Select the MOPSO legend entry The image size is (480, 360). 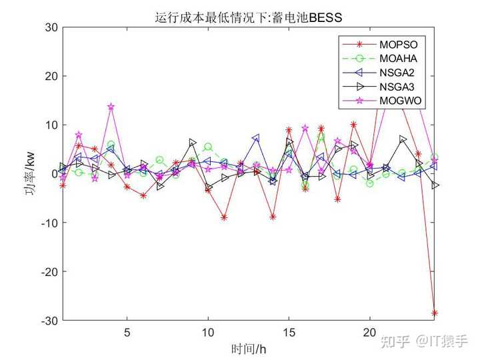[399, 45]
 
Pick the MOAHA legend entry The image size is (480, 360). [399, 59]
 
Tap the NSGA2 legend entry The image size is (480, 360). [399, 73]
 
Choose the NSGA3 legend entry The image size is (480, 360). [399, 87]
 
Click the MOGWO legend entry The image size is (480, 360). [400, 101]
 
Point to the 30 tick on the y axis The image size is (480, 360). [51, 27]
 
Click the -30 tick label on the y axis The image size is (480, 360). [48, 321]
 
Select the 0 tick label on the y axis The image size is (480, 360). [54, 174]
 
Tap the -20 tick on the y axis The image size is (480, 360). [48, 272]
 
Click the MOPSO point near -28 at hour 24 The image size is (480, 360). [435, 313]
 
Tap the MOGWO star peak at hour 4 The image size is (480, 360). [111, 107]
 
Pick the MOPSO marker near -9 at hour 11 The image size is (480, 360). [224, 217]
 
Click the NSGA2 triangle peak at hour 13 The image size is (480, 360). [256, 138]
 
